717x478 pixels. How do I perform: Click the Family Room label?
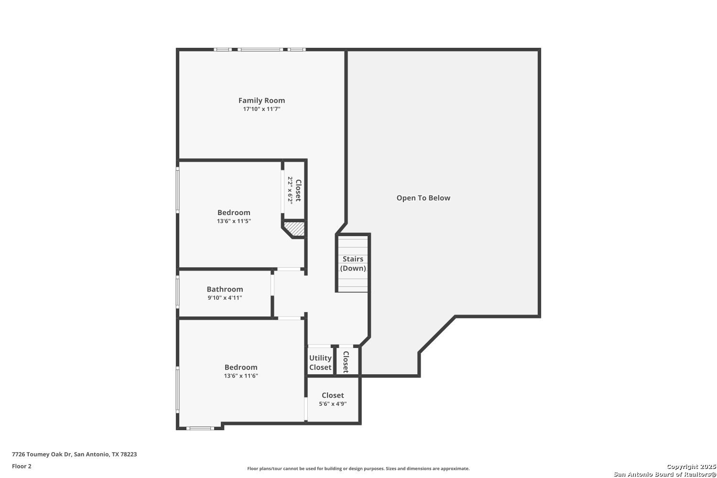tap(261, 100)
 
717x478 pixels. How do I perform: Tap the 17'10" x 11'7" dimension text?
tap(261, 109)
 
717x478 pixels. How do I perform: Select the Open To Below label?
tap(423, 198)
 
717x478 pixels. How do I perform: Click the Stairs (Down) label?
tap(353, 263)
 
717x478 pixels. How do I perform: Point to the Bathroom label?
tap(225, 289)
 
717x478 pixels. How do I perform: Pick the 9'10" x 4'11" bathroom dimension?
tap(225, 298)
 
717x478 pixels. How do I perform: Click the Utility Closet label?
tap(320, 362)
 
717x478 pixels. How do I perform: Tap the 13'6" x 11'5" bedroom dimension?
tap(234, 221)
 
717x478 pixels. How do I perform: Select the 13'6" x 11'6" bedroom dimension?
tap(241, 376)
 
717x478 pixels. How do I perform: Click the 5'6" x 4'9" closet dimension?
tap(333, 404)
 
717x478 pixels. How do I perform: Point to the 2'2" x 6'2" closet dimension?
tap(290, 190)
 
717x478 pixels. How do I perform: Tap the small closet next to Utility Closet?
tap(348, 361)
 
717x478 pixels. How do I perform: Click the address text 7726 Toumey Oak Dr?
tap(42, 454)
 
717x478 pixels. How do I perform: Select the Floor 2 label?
tap(22, 466)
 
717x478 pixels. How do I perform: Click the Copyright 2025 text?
tap(691, 467)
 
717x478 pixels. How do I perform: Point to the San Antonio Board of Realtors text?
tap(664, 474)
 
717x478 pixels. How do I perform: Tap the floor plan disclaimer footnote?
tap(358, 468)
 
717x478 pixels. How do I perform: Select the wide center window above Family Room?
tap(260, 50)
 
